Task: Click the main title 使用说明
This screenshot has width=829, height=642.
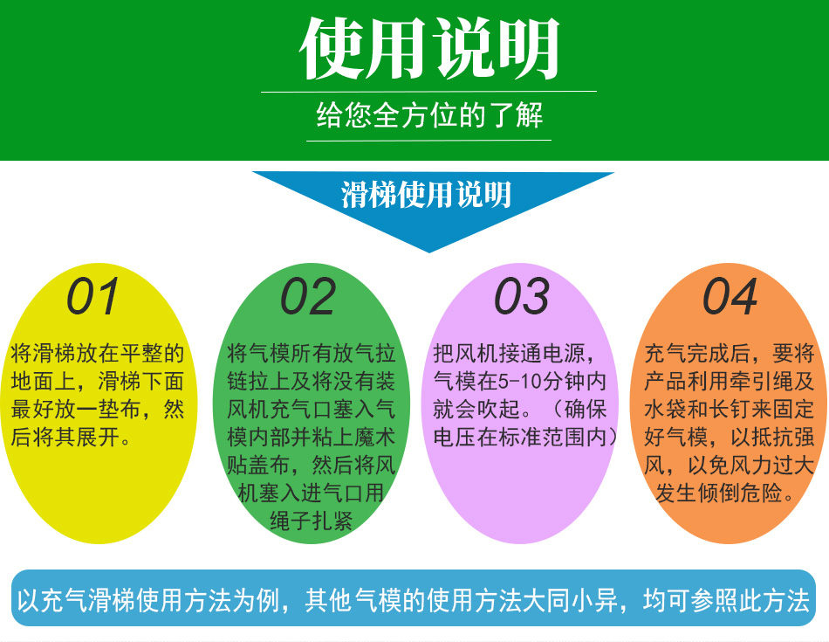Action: click(x=428, y=48)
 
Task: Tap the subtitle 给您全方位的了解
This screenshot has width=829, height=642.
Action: click(x=428, y=114)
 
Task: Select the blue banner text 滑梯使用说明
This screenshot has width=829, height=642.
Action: click(x=426, y=194)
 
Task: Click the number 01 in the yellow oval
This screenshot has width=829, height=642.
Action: click(x=93, y=296)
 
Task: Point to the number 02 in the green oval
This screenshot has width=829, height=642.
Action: click(x=308, y=296)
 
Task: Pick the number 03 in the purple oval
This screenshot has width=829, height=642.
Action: click(x=522, y=296)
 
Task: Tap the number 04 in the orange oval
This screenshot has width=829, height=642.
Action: click(x=730, y=296)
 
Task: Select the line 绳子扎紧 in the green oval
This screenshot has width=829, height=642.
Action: click(x=311, y=521)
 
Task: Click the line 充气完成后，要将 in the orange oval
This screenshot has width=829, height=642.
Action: click(x=729, y=353)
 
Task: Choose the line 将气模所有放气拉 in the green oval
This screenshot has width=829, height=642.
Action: click(x=311, y=353)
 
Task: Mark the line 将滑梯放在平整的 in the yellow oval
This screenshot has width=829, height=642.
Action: click(x=97, y=353)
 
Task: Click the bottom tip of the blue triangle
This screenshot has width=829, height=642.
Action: click(x=429, y=252)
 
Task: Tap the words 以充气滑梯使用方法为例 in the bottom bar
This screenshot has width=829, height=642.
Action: click(x=147, y=600)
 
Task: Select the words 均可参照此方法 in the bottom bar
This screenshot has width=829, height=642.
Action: click(x=726, y=600)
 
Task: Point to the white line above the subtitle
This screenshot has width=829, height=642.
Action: click(x=428, y=92)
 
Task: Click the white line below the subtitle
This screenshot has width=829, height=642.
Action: click(x=428, y=141)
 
